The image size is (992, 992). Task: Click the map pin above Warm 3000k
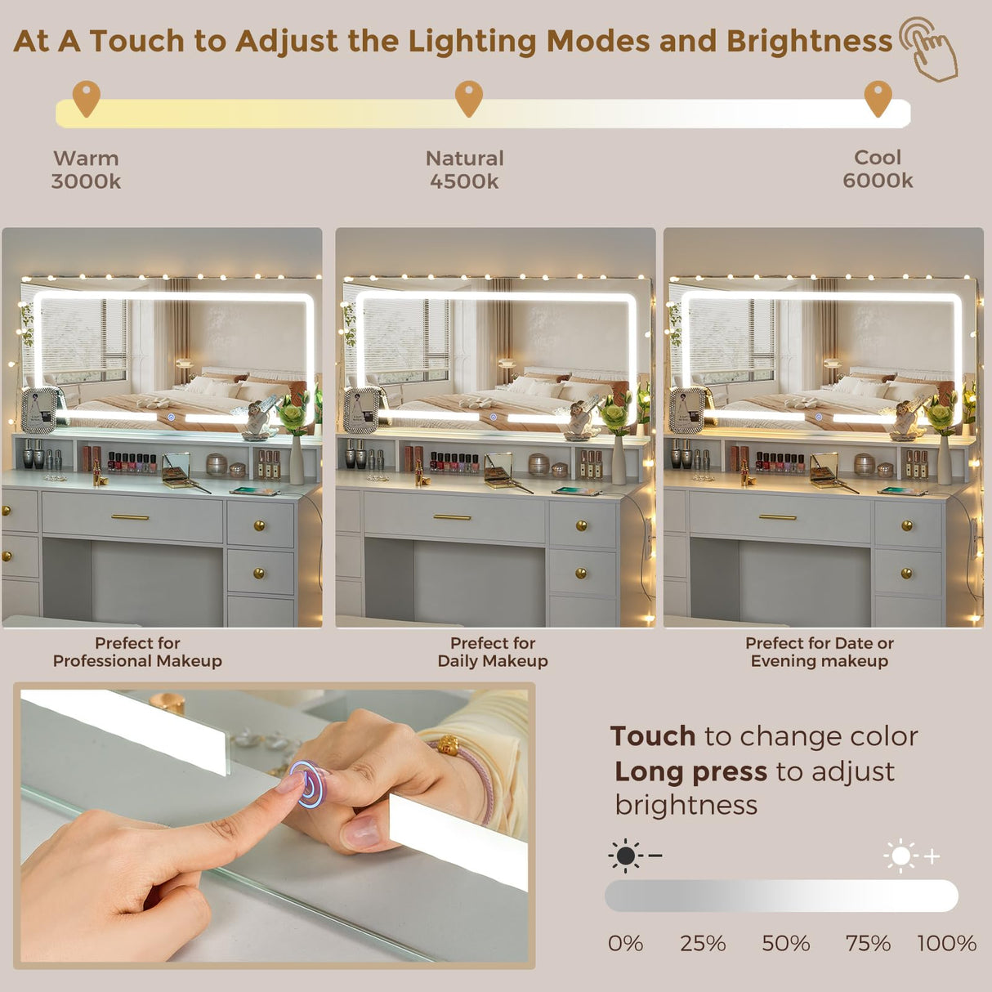[x=87, y=98]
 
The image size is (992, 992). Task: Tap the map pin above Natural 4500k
[x=469, y=98]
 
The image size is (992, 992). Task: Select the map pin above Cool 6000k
[x=878, y=98]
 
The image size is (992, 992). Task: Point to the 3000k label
[x=86, y=181]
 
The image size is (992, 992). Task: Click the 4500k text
[x=464, y=181]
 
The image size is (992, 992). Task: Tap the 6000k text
[x=878, y=181]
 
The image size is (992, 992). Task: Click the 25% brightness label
[x=703, y=944]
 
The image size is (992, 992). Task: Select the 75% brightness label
[x=868, y=944]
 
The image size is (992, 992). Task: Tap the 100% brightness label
[x=947, y=944]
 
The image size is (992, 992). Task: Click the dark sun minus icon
[x=634, y=856]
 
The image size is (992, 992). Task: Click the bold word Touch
[x=653, y=736]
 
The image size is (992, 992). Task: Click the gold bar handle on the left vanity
[x=130, y=517]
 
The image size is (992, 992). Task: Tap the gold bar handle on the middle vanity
[x=452, y=517]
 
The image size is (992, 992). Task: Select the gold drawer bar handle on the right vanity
[x=778, y=517]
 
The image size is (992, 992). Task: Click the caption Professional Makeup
[x=137, y=661]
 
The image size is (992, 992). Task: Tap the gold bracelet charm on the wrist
[x=449, y=744]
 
